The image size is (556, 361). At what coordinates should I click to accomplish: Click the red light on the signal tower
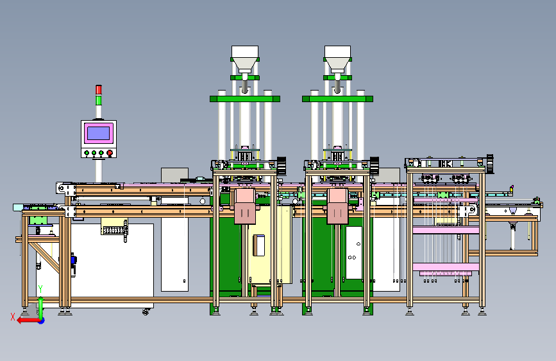[99, 89]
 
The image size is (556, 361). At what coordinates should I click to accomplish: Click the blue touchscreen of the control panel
[98, 133]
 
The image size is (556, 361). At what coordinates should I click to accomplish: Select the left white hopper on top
[245, 58]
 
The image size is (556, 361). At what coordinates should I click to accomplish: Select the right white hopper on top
[337, 58]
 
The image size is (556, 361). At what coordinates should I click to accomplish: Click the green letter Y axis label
[40, 289]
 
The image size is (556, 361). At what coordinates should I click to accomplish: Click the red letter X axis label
[13, 317]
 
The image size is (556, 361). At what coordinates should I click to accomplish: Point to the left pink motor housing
[245, 206]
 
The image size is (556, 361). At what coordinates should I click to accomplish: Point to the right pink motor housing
[337, 206]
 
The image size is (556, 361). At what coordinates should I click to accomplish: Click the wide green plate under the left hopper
[245, 99]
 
